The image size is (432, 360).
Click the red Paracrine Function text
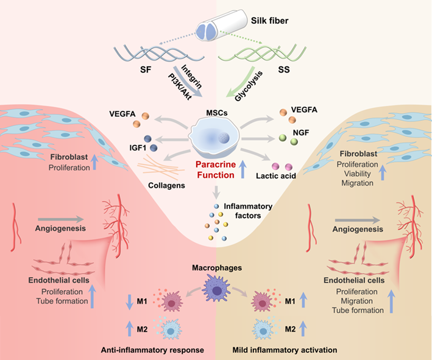tap(213, 169)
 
